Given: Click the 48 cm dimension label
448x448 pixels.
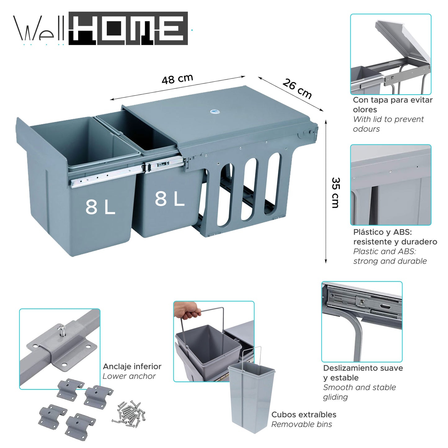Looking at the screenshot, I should click(177, 79).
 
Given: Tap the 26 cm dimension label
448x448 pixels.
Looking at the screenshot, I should click(297, 89).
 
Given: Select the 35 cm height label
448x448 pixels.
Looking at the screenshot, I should click(336, 193).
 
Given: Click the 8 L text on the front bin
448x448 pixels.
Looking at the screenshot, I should click(100, 207).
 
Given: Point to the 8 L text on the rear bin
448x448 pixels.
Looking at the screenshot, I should click(170, 199).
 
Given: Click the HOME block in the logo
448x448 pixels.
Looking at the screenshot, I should click(128, 29).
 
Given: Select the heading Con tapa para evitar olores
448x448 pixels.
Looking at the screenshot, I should click(392, 104).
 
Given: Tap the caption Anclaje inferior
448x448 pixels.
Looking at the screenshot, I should click(132, 366).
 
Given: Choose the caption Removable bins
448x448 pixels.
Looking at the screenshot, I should click(301, 424).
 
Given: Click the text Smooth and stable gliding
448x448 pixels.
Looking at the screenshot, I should click(359, 392).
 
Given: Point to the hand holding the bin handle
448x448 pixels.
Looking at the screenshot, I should click(186, 310).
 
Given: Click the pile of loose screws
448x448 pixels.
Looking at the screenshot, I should click(129, 414).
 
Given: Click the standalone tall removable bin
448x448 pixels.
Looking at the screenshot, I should click(251, 398).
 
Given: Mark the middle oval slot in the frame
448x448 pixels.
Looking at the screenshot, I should click(250, 189).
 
